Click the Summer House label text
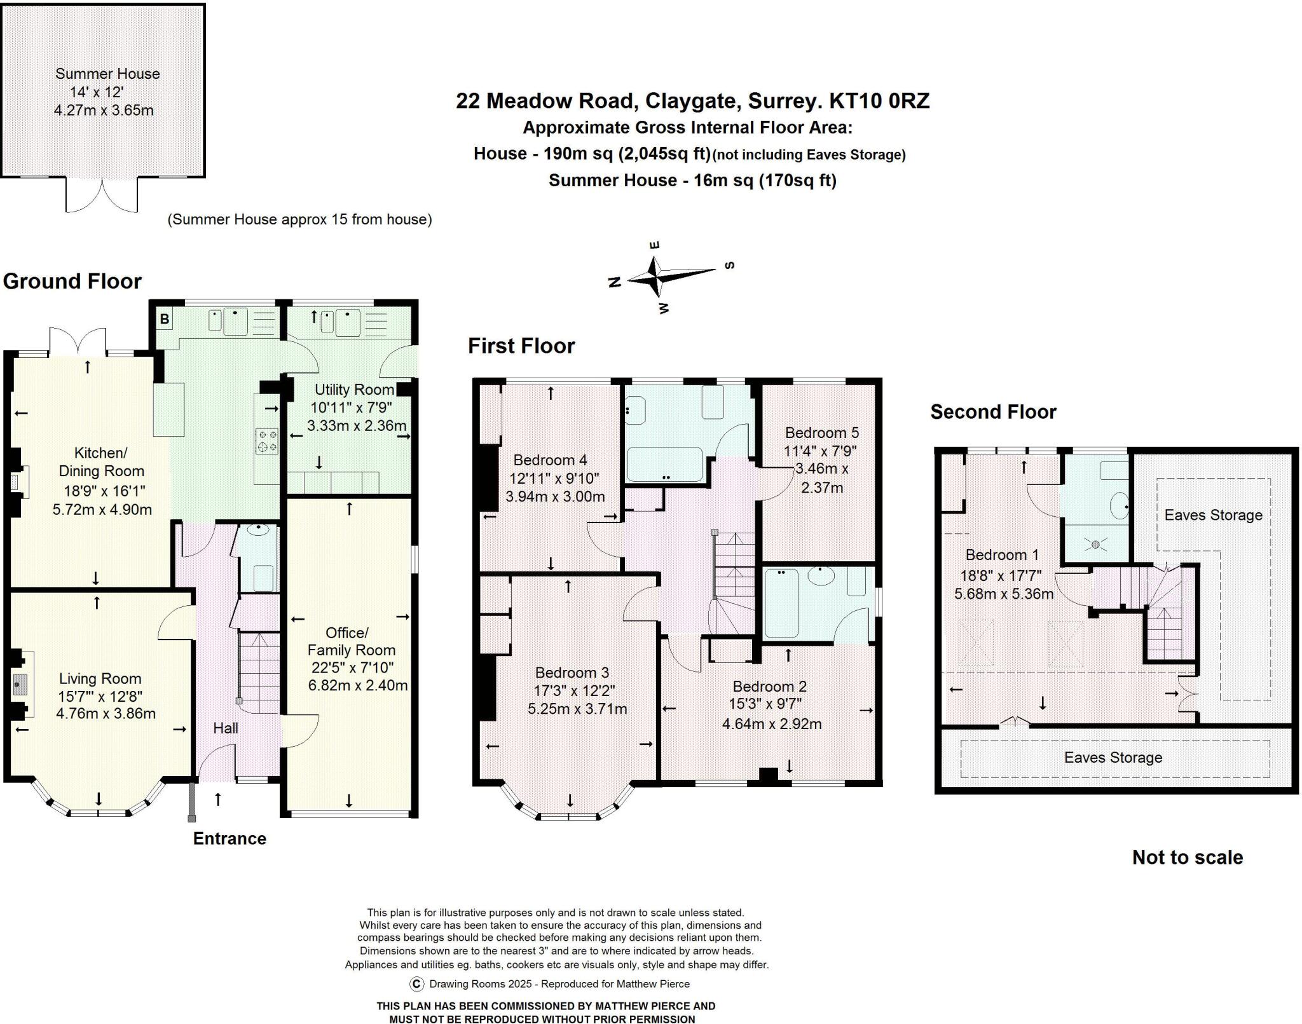[x=107, y=74]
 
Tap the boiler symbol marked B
[x=165, y=319]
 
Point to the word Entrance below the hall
[x=230, y=838]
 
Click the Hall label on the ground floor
[x=226, y=728]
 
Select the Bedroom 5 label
[x=821, y=433]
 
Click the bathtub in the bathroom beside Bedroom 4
[x=664, y=465]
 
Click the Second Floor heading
[x=993, y=412]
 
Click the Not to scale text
[x=1187, y=857]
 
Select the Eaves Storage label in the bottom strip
[x=1113, y=757]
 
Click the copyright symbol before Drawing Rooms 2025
[x=416, y=984]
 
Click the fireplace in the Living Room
[x=19, y=684]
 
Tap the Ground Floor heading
[x=72, y=281]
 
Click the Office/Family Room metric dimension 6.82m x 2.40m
[x=357, y=685]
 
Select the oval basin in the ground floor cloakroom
[x=258, y=530]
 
